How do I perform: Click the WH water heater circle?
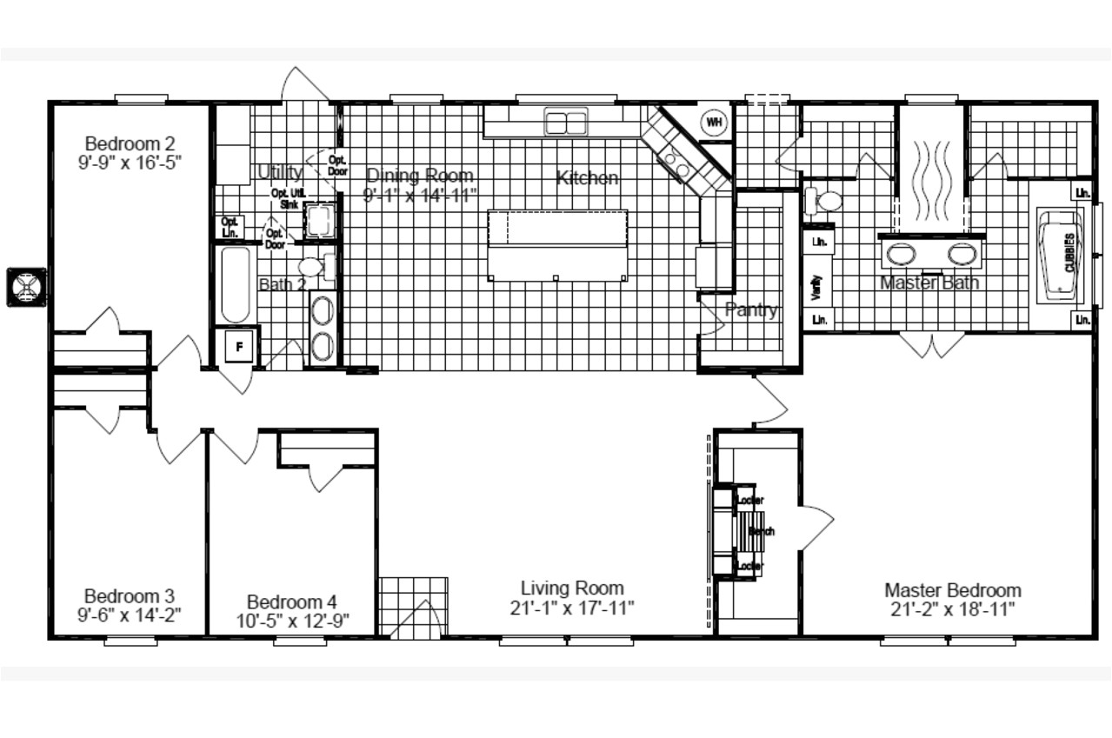[714, 123]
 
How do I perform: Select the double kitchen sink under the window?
[566, 121]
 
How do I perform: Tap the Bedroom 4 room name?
[291, 602]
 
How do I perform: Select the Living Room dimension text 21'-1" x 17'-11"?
[572, 608]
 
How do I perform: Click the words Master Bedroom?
[952, 590]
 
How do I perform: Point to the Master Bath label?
[929, 283]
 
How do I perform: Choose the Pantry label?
[751, 310]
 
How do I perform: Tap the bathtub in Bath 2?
[235, 285]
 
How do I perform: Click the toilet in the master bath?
[826, 202]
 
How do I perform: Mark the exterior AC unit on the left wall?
[24, 286]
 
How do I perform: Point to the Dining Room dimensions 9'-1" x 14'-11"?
[420, 196]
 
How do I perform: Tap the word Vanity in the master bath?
[816, 288]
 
